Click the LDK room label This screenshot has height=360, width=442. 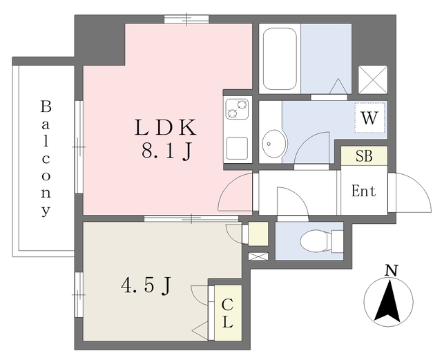point(165,127)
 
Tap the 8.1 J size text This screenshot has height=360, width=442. point(167,151)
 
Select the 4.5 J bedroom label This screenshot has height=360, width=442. point(146,285)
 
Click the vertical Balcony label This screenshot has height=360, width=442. point(46,158)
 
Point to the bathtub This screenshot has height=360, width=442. point(280,59)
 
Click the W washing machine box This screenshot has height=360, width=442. point(369,118)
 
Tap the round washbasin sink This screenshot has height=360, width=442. point(274,144)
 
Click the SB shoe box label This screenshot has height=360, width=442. point(364,155)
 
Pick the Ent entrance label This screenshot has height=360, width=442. point(364,191)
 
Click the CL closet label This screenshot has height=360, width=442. point(227,313)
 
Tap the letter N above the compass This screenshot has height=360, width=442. point(391,271)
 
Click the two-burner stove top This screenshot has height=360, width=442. point(238,108)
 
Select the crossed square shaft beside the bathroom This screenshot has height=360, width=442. point(373,79)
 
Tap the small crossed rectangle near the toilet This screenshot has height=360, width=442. point(258,256)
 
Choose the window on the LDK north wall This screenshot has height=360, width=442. point(186,19)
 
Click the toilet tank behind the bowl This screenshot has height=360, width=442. point(337,241)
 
